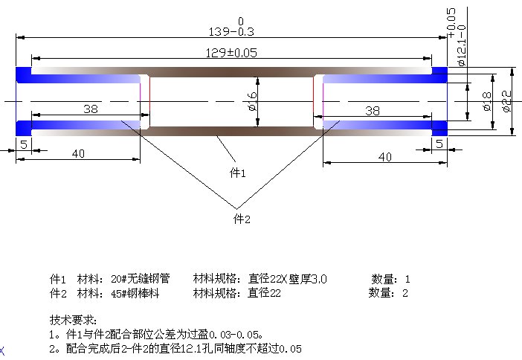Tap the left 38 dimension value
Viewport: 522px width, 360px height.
[91, 109]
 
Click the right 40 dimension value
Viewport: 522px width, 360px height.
[384, 156]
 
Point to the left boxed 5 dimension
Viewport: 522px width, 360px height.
[24, 144]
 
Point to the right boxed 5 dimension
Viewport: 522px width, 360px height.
[439, 144]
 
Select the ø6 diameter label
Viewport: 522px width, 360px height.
[252, 101]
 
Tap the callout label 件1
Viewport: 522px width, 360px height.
[236, 173]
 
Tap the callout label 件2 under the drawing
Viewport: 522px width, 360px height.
[242, 219]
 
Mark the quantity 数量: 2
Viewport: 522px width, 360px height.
[389, 293]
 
